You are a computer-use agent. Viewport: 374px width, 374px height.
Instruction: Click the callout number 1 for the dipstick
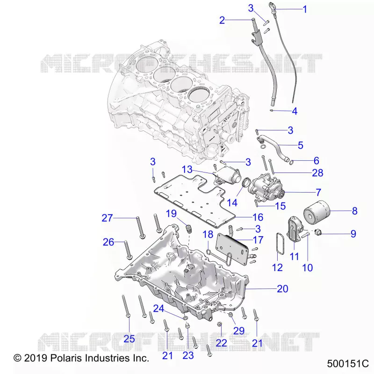(305, 9)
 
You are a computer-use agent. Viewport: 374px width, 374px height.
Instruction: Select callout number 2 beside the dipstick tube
(222, 20)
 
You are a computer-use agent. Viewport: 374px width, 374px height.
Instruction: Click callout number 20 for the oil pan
(283, 288)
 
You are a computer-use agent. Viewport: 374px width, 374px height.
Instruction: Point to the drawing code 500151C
(348, 364)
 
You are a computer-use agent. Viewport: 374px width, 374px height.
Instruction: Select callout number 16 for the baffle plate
(258, 217)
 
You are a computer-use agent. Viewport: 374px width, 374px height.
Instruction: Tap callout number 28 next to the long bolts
(317, 173)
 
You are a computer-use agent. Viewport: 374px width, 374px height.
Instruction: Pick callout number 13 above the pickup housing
(187, 169)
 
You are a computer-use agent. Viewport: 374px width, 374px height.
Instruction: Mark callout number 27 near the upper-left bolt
(107, 218)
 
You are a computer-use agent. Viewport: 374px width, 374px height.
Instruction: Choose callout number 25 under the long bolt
(129, 338)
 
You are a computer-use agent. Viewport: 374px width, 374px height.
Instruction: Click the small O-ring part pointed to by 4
(272, 110)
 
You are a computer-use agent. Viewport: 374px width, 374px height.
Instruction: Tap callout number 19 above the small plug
(171, 214)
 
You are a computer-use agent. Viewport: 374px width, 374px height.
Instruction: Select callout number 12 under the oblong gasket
(277, 267)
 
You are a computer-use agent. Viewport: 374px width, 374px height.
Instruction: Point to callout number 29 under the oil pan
(239, 331)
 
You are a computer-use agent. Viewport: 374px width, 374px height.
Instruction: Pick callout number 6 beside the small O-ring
(316, 160)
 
